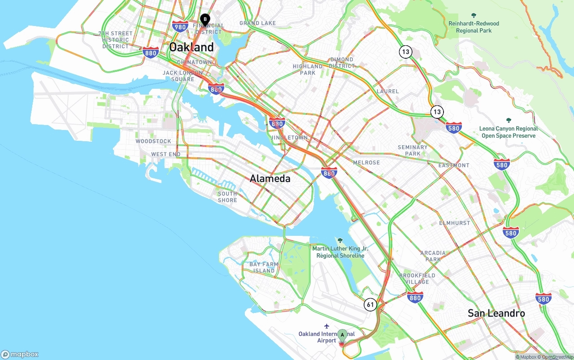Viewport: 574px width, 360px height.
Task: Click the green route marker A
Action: click(x=342, y=335)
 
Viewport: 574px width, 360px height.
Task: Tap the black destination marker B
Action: click(x=205, y=19)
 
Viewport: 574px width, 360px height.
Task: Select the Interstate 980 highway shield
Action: click(x=180, y=26)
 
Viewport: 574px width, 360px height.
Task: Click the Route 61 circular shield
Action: click(x=370, y=305)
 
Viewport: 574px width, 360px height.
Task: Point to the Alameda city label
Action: click(x=270, y=178)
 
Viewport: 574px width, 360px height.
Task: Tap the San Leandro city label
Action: click(x=496, y=313)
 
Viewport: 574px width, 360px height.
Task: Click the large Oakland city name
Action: click(x=191, y=47)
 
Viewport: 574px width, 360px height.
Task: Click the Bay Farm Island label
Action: click(x=264, y=268)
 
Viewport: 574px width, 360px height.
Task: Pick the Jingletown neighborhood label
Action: click(x=289, y=137)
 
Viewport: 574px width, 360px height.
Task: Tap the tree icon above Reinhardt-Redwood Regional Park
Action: click(x=474, y=16)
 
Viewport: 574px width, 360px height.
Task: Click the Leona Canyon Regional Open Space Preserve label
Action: click(x=508, y=132)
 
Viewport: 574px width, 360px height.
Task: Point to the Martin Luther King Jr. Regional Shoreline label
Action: click(x=340, y=252)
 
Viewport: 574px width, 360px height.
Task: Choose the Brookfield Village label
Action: click(x=417, y=278)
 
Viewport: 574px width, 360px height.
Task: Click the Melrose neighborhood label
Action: click(x=366, y=162)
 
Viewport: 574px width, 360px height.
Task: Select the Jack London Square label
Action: click(x=183, y=76)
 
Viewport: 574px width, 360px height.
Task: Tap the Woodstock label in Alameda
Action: click(x=153, y=141)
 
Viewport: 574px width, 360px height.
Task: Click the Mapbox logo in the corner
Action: click(x=20, y=354)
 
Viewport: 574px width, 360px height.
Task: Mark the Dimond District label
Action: click(x=342, y=62)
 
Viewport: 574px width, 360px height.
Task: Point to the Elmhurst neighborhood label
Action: click(x=455, y=223)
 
